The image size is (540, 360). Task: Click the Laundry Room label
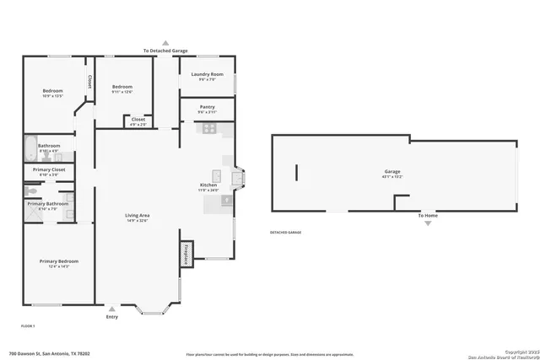[207, 75]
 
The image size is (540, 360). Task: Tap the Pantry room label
[207, 107]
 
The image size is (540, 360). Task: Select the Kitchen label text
[208, 185]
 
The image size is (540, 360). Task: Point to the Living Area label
[138, 217]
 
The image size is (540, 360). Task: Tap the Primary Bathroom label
[47, 203]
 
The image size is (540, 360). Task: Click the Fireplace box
[185, 253]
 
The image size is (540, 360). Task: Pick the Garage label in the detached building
[391, 172]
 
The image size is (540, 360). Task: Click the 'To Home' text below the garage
[429, 215]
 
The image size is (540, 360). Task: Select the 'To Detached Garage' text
[165, 51]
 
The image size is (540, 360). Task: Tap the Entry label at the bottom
[112, 317]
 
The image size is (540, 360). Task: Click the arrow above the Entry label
[112, 309]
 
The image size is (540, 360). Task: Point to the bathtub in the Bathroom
[31, 149]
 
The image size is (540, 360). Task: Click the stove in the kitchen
[208, 128]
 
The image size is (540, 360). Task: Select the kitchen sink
[217, 176]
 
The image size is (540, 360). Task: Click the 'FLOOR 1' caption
[28, 325]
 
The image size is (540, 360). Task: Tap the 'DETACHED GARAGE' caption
[285, 232]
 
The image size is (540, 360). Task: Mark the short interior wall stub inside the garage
[296, 173]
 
